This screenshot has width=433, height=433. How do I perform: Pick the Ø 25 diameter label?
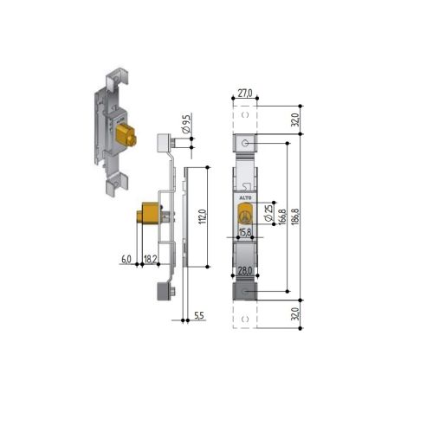(268, 211)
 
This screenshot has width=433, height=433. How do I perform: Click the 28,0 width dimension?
(245, 271)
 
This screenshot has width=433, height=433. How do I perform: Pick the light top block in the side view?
(164, 142)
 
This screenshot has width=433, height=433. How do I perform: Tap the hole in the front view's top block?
(247, 142)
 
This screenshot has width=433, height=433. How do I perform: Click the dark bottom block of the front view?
(245, 294)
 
